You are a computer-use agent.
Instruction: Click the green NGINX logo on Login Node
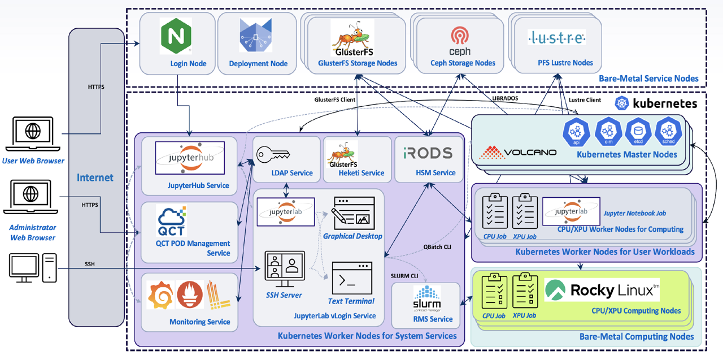(x=176, y=36)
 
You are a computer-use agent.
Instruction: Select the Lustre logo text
(x=556, y=38)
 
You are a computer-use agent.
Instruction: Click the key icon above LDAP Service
(x=273, y=154)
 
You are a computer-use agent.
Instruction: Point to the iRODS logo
(x=428, y=153)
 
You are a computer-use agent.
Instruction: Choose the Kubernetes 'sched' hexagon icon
(x=668, y=132)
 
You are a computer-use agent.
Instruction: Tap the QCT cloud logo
(x=172, y=222)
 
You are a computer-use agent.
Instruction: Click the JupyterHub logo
(x=190, y=158)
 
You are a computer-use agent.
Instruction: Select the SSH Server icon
(x=285, y=269)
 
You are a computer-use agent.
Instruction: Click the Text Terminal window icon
(x=352, y=277)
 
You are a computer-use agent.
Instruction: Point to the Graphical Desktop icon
(x=354, y=212)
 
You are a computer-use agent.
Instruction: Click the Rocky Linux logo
(x=602, y=290)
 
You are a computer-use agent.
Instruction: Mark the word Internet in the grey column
(x=95, y=177)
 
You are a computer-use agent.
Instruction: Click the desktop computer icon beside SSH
(x=33, y=268)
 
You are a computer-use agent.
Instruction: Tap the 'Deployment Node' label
(x=258, y=64)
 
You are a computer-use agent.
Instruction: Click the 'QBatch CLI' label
(x=438, y=247)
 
